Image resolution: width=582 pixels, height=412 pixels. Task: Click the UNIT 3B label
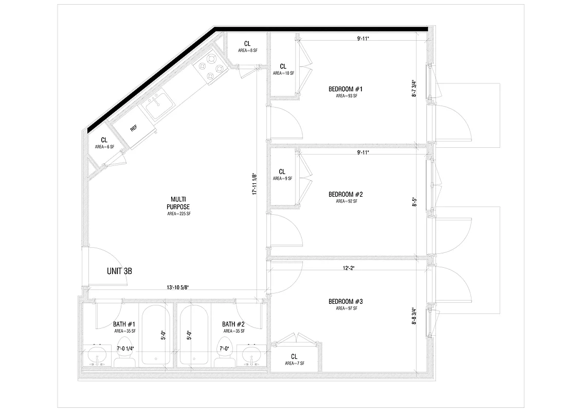(119, 271)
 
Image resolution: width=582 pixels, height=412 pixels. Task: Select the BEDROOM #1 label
(345, 89)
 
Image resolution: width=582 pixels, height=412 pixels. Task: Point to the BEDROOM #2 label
(345, 195)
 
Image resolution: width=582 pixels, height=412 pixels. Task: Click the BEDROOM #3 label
(345, 301)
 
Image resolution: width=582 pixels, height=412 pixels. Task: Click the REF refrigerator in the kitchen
(134, 128)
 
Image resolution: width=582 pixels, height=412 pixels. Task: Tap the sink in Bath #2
(252, 355)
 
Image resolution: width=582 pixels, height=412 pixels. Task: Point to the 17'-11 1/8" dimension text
(254, 184)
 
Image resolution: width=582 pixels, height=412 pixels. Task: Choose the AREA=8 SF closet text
(247, 50)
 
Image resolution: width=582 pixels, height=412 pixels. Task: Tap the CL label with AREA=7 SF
(294, 356)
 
